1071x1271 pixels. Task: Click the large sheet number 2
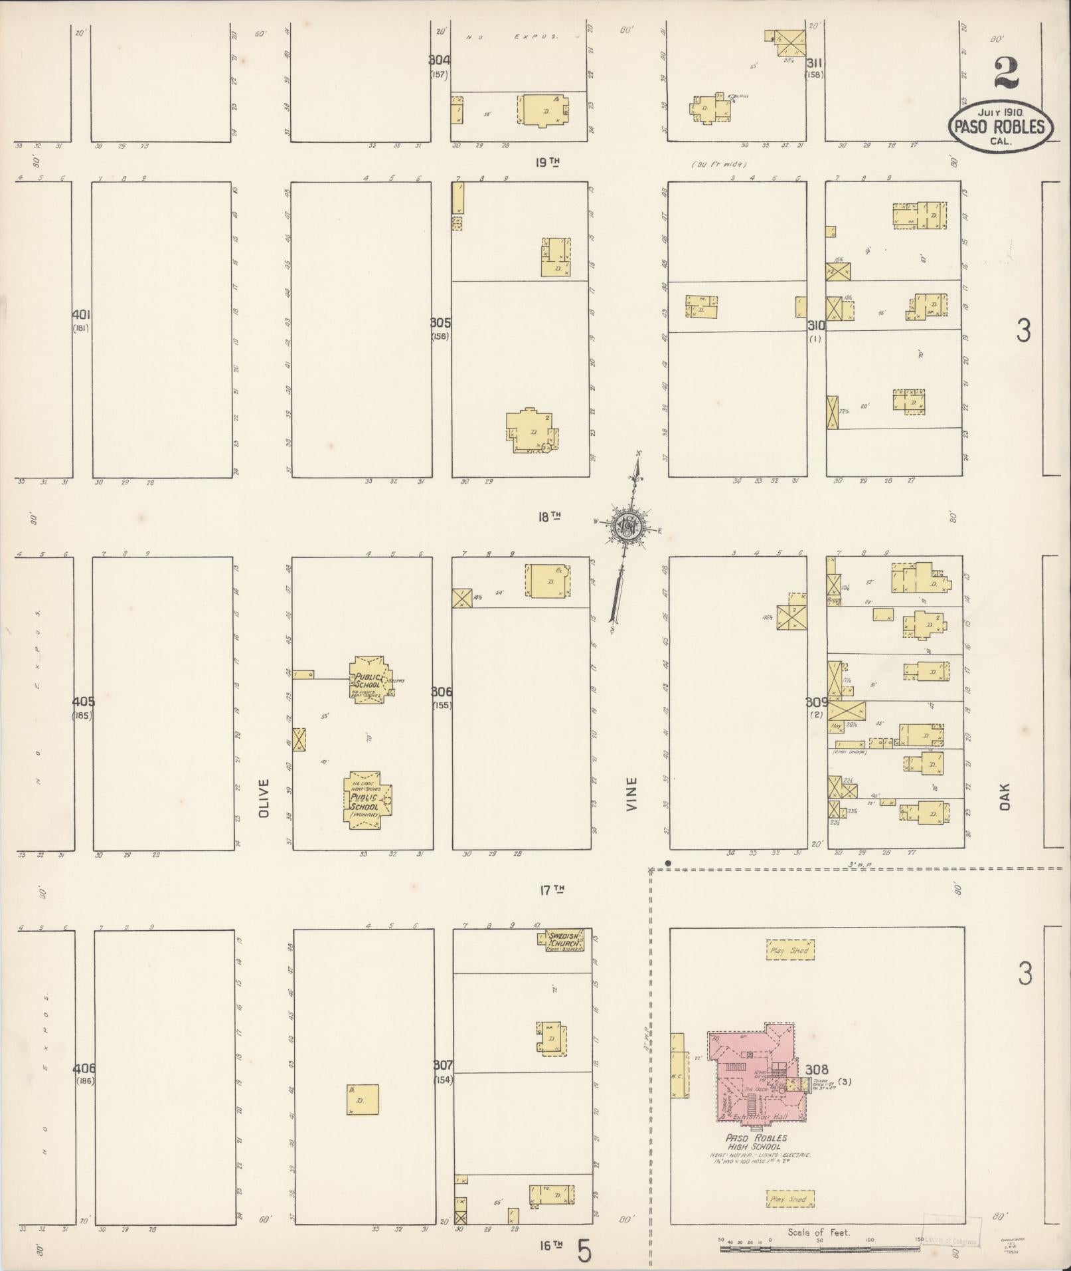tap(1006, 72)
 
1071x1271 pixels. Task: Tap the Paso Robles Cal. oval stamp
tap(1001, 126)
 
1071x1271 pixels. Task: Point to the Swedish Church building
tap(563, 941)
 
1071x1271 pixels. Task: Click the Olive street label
tap(264, 797)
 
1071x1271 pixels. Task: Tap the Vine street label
tap(631, 794)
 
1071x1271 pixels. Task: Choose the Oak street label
tap(1003, 796)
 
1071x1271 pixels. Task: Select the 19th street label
tap(547, 161)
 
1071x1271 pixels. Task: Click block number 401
tap(82, 314)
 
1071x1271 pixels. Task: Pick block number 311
tap(815, 63)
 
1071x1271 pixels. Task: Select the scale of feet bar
tap(819, 1248)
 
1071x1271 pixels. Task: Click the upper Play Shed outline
tap(790, 950)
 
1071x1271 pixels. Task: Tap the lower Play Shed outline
tap(789, 1199)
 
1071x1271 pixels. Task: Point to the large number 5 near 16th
tap(584, 1252)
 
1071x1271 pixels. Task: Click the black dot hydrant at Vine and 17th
tap(668, 864)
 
